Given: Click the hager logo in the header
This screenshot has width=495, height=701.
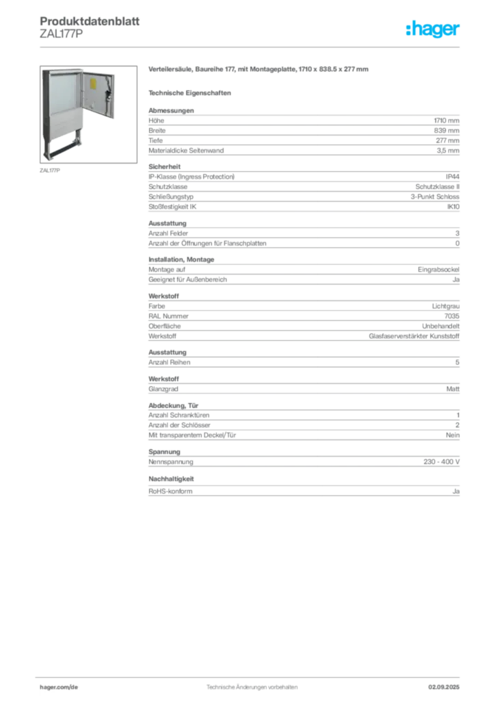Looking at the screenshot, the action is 433,29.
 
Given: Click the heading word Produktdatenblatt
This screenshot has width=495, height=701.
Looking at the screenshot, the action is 90,21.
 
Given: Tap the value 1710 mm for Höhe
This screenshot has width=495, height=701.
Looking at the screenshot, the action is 446,120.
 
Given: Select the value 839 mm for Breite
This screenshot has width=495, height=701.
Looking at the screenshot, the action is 446,131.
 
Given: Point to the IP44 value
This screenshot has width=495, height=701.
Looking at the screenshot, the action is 452,177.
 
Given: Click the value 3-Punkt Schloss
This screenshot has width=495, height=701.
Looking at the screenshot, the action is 435,196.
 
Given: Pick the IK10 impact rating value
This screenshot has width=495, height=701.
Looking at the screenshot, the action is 453,207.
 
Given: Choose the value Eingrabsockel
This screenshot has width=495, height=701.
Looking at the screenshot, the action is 438,270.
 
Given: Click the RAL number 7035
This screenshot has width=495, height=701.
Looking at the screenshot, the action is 452,316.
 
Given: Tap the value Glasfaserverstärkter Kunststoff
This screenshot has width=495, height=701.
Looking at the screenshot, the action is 414,336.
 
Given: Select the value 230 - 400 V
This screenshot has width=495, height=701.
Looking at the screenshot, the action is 442,462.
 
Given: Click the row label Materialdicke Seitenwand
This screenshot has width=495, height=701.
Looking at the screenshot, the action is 186,151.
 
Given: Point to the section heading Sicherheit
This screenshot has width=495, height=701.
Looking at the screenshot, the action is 164,167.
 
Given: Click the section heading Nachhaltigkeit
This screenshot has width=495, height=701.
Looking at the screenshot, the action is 171,479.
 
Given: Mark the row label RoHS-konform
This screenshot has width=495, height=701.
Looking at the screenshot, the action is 170,492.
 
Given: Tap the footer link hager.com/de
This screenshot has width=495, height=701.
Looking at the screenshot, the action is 59,687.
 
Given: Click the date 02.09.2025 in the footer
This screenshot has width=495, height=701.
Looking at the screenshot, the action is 444,687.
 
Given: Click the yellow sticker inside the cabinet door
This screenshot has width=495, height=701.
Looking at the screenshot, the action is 93,84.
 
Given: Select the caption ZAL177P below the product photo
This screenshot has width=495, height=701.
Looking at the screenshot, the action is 49,170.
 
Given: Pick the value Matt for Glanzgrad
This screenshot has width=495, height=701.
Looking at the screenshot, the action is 453,389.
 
